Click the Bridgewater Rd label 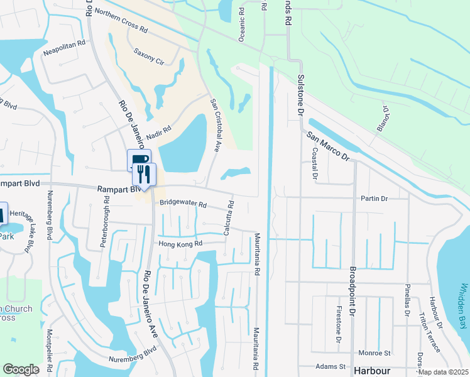pos(183,204)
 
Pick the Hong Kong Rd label pos(180,244)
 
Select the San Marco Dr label pos(327,146)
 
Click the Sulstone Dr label pos(300,95)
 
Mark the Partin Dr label pos(374,199)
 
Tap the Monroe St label pos(374,354)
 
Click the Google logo pos(21,369)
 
